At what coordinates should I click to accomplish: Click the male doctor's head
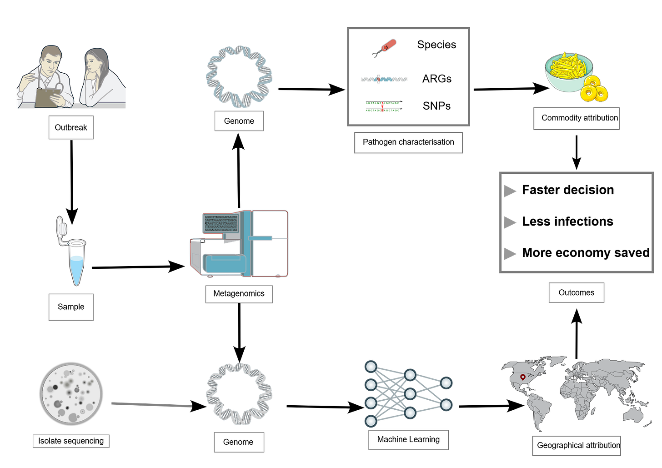pyautogui.click(x=51, y=58)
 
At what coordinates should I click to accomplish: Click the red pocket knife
pyautogui.click(x=387, y=46)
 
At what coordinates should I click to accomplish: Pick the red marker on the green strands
pyautogui.click(x=382, y=106)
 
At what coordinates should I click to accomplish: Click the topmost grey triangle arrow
pyautogui.click(x=509, y=191)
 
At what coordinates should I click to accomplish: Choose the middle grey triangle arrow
pyautogui.click(x=509, y=222)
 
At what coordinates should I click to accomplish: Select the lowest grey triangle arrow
pyautogui.click(x=509, y=254)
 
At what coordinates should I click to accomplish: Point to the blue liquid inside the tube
pyautogui.click(x=76, y=268)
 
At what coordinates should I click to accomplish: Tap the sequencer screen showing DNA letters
pyautogui.click(x=221, y=223)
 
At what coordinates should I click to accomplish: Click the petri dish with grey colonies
pyautogui.click(x=71, y=394)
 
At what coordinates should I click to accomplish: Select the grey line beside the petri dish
pyautogui.click(x=151, y=404)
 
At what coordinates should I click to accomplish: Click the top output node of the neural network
pyautogui.click(x=446, y=383)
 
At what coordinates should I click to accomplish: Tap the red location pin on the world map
pyautogui.click(x=523, y=377)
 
